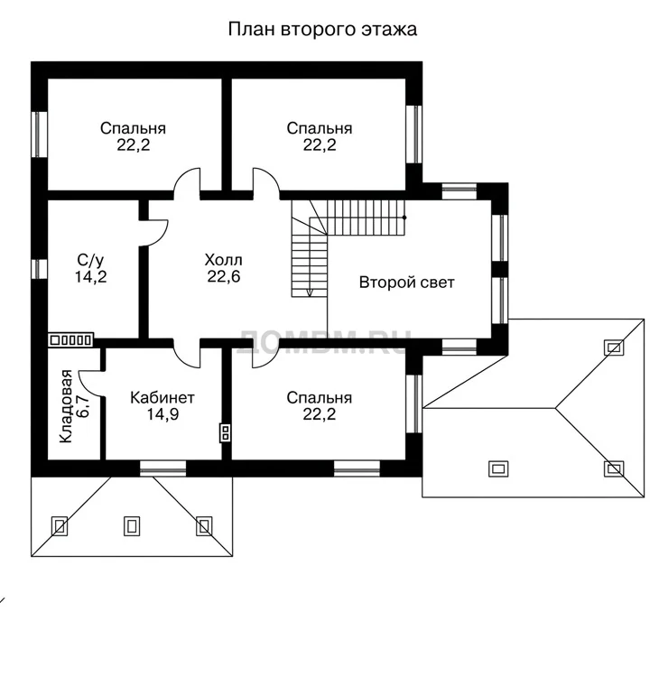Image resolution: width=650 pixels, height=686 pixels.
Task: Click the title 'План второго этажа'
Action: [x=322, y=29]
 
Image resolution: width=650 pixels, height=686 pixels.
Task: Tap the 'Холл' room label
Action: [x=223, y=260]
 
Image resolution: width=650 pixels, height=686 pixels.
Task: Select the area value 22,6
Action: [x=224, y=276]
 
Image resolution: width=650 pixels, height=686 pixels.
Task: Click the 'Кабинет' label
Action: [x=162, y=397]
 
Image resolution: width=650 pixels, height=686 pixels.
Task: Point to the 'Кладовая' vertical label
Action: [x=66, y=406]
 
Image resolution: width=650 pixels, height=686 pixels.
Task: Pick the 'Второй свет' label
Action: [x=406, y=283]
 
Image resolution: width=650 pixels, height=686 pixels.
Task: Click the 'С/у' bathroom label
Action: [x=90, y=260]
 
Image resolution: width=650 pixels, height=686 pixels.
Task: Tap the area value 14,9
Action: [x=162, y=414]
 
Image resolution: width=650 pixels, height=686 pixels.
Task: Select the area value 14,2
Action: [x=90, y=277]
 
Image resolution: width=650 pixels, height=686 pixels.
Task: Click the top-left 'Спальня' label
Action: [x=133, y=128]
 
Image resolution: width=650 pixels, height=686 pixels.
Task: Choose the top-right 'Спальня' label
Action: [x=320, y=128]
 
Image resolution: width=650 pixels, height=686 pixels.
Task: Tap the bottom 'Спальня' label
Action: [x=319, y=397]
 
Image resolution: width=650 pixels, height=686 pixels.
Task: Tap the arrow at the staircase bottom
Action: [x=310, y=292]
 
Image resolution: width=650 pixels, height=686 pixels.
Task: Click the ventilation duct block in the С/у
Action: [x=70, y=339]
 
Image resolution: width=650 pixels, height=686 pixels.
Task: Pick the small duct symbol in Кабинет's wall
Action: [x=225, y=432]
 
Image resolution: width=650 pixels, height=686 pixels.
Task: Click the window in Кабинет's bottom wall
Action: [x=162, y=468]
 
